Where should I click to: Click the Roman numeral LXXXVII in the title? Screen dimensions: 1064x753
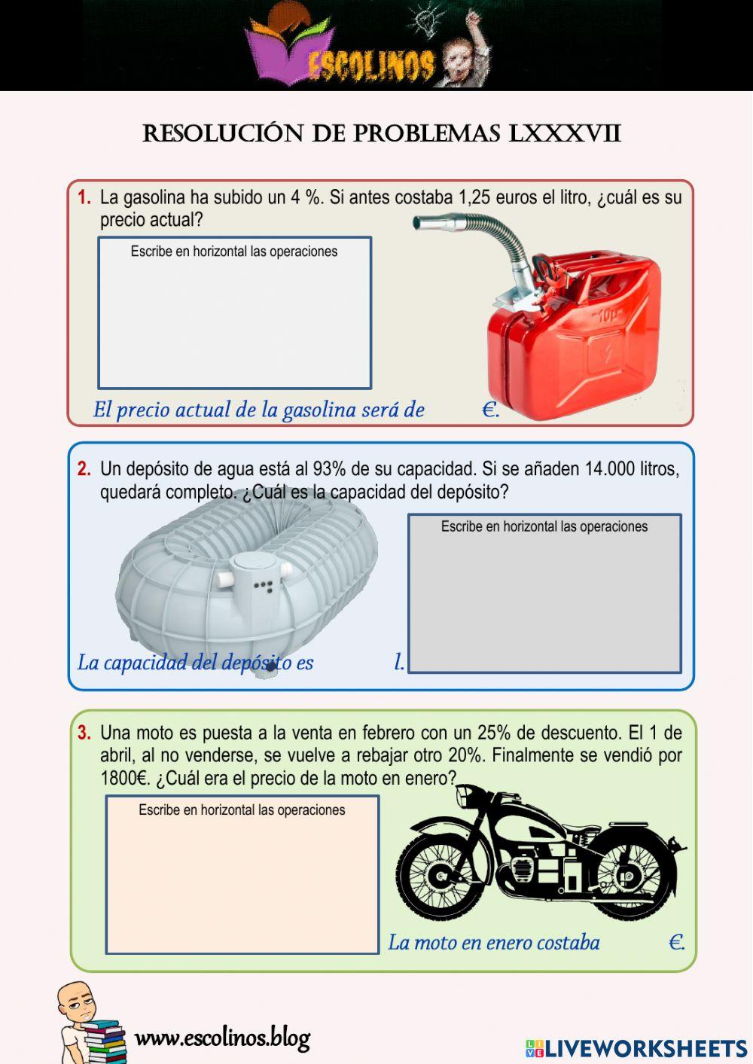[565, 133]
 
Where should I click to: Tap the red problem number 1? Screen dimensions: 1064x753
[84, 198]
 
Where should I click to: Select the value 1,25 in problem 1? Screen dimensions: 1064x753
[476, 198]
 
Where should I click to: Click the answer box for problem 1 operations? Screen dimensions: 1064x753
[234, 320]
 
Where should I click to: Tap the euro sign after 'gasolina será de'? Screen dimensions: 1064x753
[489, 410]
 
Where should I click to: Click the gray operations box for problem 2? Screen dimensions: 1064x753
[544, 599]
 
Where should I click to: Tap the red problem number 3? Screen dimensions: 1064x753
[84, 733]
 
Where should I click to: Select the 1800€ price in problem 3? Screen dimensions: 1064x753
[125, 779]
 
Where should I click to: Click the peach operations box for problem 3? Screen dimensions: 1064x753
[242, 881]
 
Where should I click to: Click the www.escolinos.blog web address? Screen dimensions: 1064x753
[222, 1038]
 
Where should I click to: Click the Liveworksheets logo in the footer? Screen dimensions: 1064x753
[636, 1047]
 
